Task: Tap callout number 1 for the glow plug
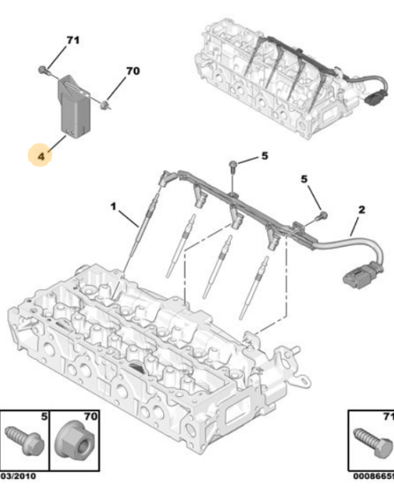coord(113,206)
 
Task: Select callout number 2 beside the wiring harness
coord(362,210)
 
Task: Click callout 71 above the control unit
coord(72,40)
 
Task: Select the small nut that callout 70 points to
coord(105,102)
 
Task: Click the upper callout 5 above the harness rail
coord(264,156)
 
